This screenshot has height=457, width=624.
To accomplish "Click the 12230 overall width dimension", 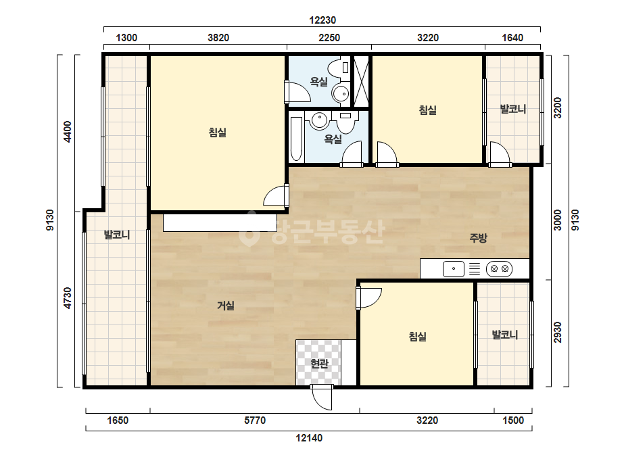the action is tap(322, 20).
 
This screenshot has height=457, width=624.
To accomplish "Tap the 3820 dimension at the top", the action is tap(218, 38).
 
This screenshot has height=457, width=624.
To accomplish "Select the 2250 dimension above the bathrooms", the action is tap(329, 38).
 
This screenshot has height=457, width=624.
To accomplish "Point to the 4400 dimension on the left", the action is tap(68, 132).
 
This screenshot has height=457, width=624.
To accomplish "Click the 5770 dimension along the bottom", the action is tap(255, 420).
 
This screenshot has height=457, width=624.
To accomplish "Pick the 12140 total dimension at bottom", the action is tap(309, 438).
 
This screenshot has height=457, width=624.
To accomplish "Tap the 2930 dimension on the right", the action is tap(558, 332).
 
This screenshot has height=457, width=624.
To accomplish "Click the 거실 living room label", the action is tap(226, 306).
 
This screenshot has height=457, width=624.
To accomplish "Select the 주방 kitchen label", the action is tap(478, 238).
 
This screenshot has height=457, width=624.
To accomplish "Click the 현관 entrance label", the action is tap(319, 364).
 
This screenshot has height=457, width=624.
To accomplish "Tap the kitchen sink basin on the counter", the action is tap(453, 268).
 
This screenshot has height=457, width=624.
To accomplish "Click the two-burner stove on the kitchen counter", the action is tap(500, 268).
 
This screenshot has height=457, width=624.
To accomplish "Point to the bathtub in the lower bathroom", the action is tap(296, 138).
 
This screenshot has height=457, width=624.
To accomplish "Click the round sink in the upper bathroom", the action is tap(340, 94).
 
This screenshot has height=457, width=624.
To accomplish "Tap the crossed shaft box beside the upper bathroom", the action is tap(361, 81).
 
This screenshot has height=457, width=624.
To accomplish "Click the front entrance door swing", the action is tap(322, 398).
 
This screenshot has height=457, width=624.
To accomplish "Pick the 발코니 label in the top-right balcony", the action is tap(513, 109).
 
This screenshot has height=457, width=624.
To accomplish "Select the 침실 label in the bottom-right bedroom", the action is tap(417, 337).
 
